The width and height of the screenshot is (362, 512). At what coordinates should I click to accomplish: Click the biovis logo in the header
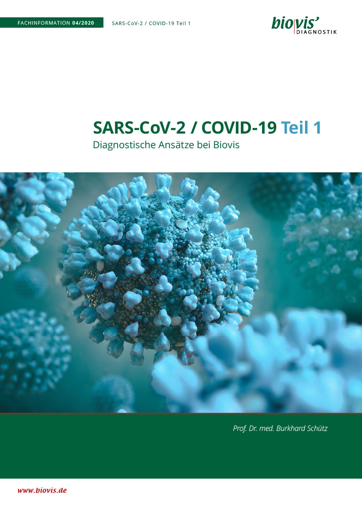click(304, 25)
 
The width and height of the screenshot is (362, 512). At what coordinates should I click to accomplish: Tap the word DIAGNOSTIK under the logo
click(316, 32)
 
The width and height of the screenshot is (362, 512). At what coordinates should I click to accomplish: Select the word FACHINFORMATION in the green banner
click(44, 23)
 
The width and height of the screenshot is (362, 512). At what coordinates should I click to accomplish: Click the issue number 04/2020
click(83, 23)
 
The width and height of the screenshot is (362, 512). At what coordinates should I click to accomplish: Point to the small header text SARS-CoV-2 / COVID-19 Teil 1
click(151, 23)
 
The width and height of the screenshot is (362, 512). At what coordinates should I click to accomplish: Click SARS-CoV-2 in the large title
click(140, 127)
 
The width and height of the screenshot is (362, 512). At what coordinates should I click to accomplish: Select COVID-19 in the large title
click(239, 127)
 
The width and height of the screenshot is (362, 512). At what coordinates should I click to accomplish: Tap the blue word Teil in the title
click(295, 127)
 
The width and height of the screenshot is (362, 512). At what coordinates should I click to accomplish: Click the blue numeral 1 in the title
click(317, 127)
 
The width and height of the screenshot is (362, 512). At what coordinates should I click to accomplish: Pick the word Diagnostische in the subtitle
click(124, 145)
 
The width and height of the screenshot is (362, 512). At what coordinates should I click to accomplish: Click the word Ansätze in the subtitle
click(176, 145)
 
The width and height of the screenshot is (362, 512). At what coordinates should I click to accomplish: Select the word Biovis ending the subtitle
click(226, 145)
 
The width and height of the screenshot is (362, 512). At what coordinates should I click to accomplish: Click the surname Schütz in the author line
click(316, 428)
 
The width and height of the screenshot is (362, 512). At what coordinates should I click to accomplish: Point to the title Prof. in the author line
click(240, 429)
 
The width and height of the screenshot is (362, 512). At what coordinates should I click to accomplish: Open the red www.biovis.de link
click(42, 490)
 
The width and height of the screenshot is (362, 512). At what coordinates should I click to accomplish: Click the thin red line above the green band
click(181, 413)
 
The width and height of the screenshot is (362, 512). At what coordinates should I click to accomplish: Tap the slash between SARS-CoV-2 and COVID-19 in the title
click(194, 128)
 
